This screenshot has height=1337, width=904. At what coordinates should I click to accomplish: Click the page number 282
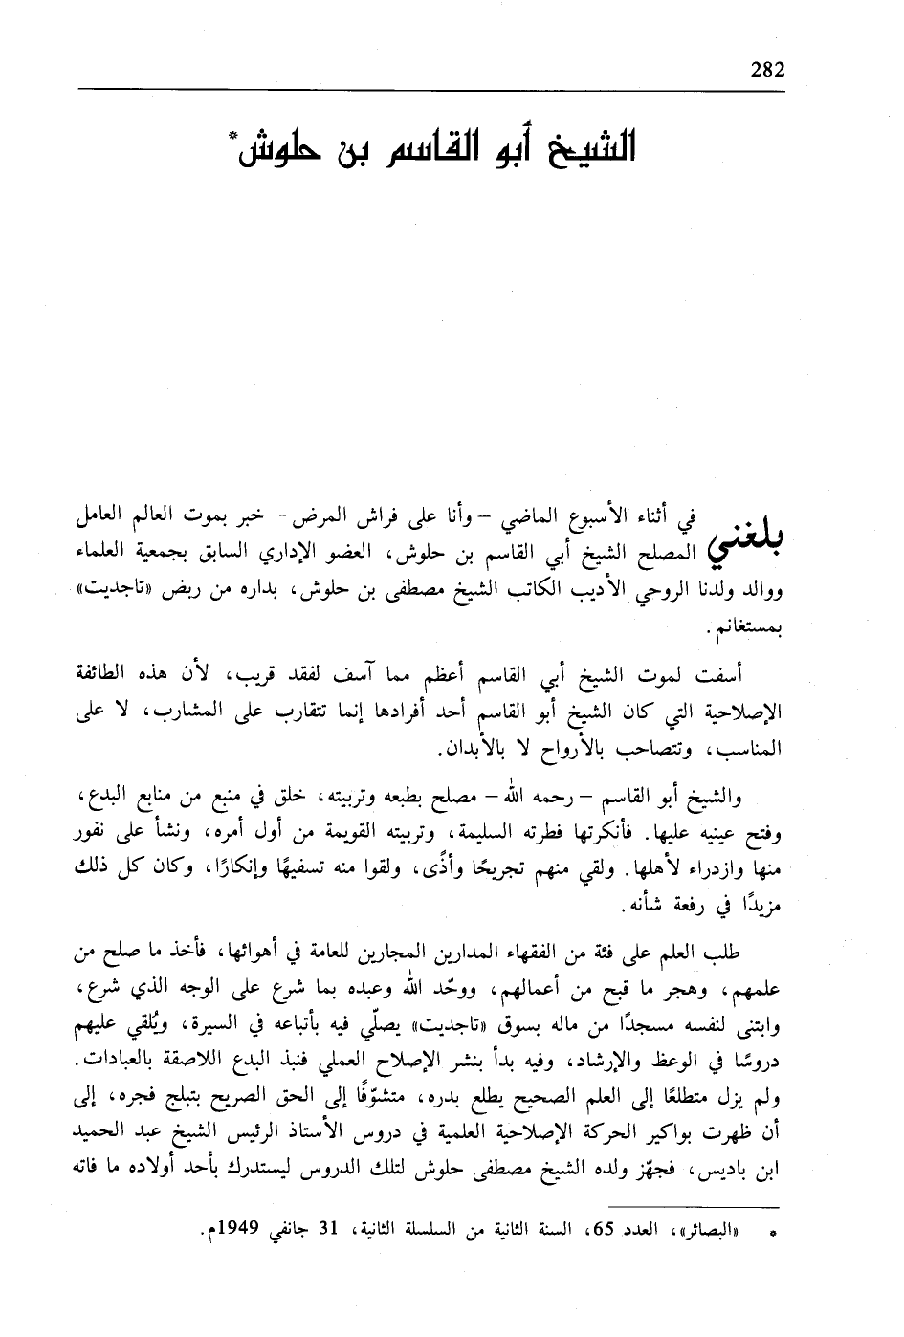tap(768, 70)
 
